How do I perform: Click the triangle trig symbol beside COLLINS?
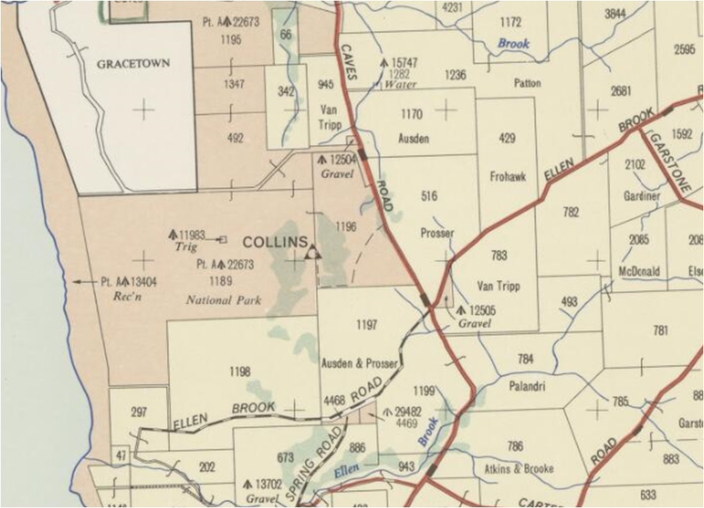click(x=312, y=253)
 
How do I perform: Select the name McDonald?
click(x=639, y=271)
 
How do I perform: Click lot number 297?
click(x=139, y=412)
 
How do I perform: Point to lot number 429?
click(x=506, y=138)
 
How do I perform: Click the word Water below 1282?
click(x=400, y=84)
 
